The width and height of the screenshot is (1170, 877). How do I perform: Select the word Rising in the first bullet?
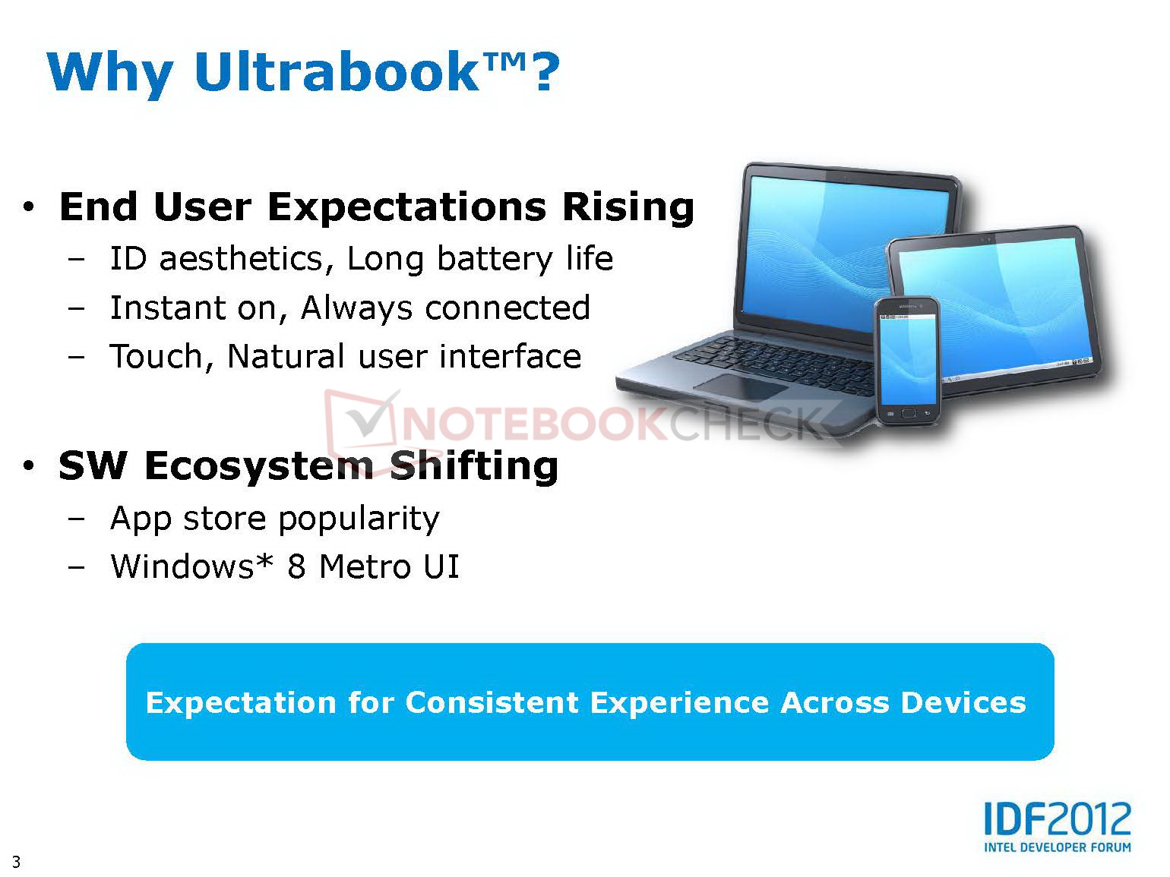click(628, 207)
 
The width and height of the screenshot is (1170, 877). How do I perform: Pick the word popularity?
click(359, 518)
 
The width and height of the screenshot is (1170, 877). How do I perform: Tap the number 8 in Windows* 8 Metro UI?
click(296, 566)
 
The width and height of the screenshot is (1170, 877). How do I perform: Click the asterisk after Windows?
click(264, 560)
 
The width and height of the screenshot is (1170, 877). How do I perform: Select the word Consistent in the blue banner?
click(492, 702)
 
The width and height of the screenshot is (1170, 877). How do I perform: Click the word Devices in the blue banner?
click(963, 702)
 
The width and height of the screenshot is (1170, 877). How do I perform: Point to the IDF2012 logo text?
click(1058, 819)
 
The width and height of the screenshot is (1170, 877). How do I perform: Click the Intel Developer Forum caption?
click(1058, 847)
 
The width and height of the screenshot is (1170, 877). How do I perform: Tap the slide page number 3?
click(16, 861)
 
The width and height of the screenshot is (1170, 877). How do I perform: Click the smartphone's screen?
click(908, 360)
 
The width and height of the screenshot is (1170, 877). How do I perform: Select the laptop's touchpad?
click(742, 386)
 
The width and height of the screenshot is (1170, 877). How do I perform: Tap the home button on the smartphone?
click(909, 413)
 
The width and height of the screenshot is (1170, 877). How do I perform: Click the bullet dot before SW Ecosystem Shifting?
click(29, 466)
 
